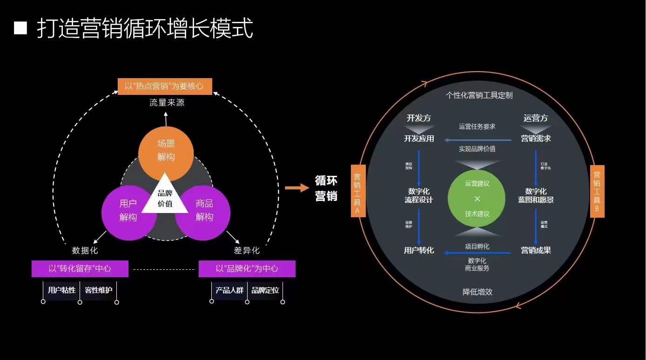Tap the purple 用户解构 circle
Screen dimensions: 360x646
[x=128, y=212]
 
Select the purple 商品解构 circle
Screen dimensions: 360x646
[x=203, y=212]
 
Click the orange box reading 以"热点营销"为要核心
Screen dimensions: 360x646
[x=165, y=87]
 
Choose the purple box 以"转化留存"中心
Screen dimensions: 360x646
[x=80, y=269]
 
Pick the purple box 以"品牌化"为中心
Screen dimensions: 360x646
[x=247, y=269]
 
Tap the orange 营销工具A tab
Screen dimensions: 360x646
[x=358, y=191]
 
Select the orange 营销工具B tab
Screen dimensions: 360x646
[x=597, y=191]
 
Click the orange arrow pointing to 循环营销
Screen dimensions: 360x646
[x=297, y=188]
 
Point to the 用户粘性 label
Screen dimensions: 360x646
[x=61, y=290]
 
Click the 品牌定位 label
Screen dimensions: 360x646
[x=265, y=290]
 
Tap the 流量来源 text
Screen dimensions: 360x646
[x=167, y=102]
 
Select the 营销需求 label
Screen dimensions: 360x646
[x=536, y=138]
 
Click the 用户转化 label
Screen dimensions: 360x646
[x=419, y=250]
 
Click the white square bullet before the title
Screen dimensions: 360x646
[x=21, y=28]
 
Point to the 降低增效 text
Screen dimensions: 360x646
[x=478, y=292]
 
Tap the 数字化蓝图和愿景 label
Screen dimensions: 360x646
[x=536, y=195]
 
